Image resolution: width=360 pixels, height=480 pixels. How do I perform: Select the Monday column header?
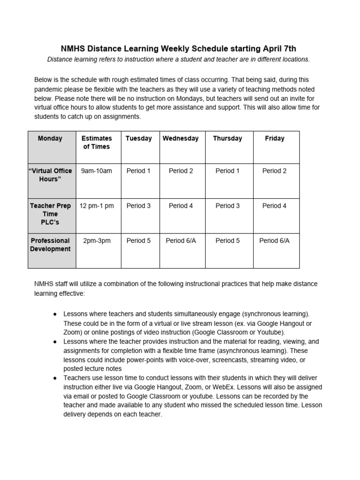50,139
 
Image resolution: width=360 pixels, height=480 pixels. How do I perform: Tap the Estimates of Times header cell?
97,142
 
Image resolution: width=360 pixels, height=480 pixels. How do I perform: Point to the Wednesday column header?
180,139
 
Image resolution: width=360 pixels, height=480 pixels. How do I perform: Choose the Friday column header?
275,139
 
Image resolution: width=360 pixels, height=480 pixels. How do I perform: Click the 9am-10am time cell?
97,171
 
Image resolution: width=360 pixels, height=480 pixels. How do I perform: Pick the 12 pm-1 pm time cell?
97,206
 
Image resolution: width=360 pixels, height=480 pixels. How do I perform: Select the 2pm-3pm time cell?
97,241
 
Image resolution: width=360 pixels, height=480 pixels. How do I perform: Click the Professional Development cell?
50,245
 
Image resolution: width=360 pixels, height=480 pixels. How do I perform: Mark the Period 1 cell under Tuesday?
139,171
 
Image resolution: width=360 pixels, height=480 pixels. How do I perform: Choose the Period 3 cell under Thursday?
227,206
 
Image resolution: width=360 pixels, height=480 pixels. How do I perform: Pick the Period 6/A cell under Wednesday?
180,241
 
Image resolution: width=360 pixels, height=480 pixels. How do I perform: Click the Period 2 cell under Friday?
275,171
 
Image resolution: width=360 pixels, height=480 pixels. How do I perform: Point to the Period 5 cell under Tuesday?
139,241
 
